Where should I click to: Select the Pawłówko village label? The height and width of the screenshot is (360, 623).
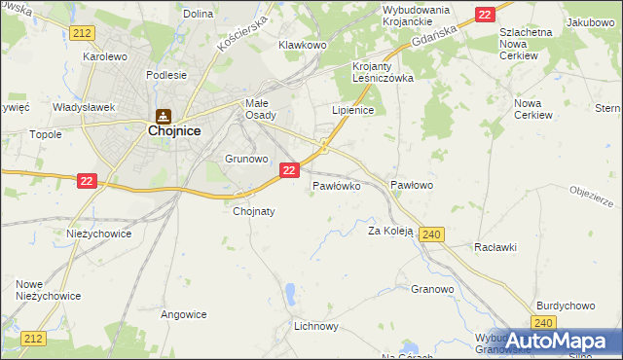point(337,184)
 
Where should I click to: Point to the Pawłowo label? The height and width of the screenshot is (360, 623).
point(411,184)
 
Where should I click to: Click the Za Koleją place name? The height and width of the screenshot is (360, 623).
point(390,232)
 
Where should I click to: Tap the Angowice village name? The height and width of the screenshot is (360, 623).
point(184,314)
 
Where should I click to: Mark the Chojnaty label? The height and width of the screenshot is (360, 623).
point(254,210)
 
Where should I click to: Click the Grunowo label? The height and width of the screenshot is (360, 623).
point(246,158)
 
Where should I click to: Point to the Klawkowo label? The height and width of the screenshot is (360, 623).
point(302,45)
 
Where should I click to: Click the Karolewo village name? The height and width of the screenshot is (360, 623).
point(106,56)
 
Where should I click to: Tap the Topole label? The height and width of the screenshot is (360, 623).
point(46,134)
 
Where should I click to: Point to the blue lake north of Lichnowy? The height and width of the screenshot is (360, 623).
point(291,292)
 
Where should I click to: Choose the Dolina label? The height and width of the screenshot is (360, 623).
point(198,14)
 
